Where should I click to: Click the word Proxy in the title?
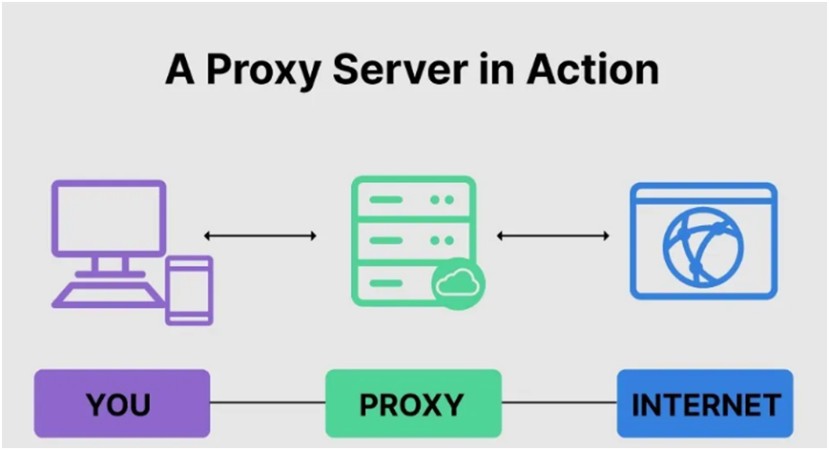(x=253, y=72)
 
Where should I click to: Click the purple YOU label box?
(x=121, y=403)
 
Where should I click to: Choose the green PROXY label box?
(x=413, y=403)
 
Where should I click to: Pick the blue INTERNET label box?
(x=705, y=403)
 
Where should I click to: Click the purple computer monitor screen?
(x=108, y=218)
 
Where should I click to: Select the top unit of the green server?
(x=412, y=201)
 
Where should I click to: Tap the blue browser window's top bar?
(x=704, y=195)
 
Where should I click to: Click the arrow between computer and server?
(x=260, y=235)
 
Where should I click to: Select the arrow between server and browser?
(x=553, y=235)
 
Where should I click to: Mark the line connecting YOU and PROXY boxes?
(x=267, y=403)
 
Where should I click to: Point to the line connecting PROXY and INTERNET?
(x=559, y=403)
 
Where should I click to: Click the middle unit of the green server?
(x=412, y=242)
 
